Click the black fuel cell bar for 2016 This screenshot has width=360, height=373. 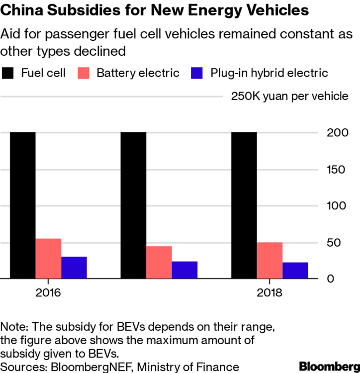tap(23, 205)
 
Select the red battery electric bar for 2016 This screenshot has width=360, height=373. tap(48, 259)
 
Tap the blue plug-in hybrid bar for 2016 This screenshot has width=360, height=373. tap(74, 268)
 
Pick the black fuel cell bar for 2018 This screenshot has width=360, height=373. tap(244, 205)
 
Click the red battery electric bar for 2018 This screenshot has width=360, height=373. tap(270, 261)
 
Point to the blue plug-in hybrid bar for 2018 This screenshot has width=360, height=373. tap(295, 270)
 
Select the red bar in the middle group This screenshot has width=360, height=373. tap(159, 262)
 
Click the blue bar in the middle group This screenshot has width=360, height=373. tap(184, 270)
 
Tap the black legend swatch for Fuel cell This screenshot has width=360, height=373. tap(8, 73)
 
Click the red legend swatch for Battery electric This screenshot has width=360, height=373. tap(84, 73)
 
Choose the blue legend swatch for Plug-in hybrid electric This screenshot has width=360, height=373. tap(198, 73)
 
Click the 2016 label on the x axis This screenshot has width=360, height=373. tap(48, 292)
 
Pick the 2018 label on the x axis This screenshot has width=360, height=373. tap(270, 292)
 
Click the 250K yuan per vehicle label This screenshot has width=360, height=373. tap(289, 96)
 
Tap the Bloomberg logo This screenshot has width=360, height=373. tap(329, 366)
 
